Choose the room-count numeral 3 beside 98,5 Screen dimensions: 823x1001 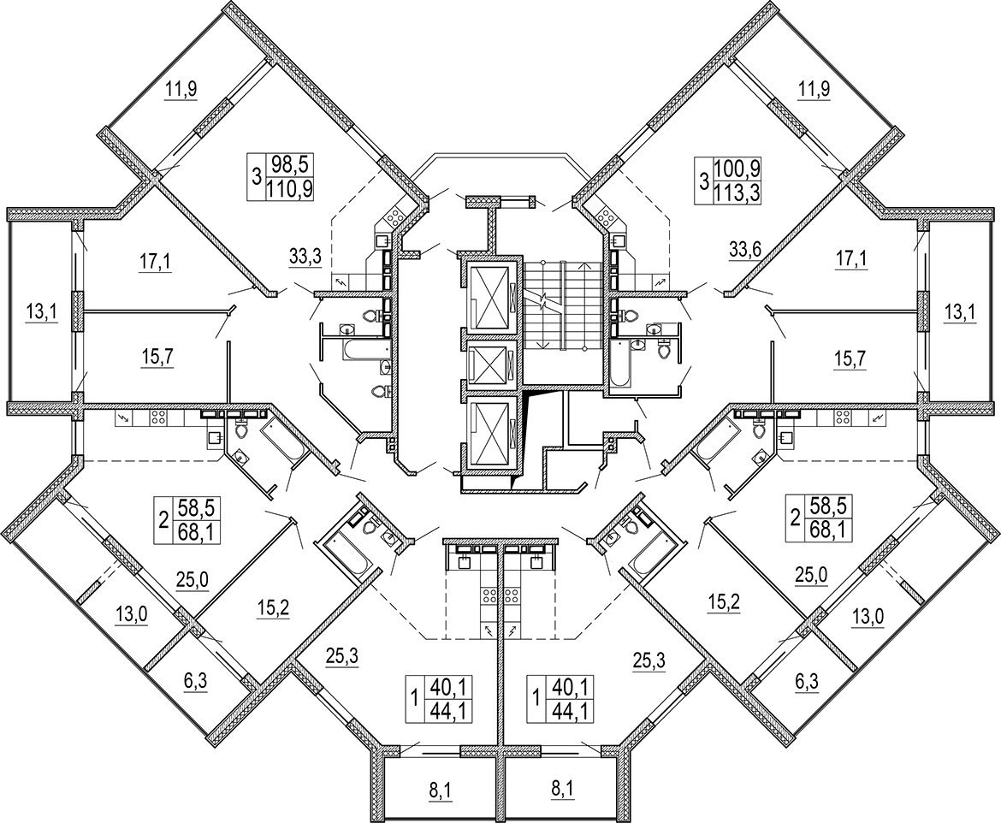tap(256, 175)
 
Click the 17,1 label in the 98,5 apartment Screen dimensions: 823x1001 tap(155, 261)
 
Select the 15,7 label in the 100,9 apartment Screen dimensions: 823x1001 tap(850, 358)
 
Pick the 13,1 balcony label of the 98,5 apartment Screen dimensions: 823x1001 tap(41, 312)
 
